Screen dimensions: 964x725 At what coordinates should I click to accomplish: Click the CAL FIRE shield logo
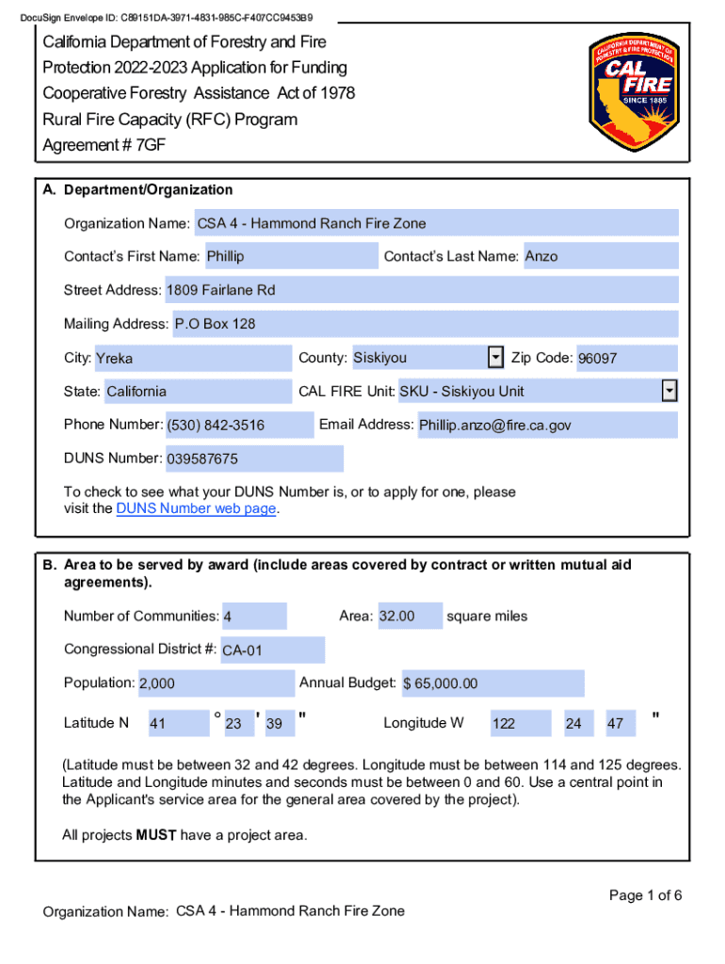[632, 94]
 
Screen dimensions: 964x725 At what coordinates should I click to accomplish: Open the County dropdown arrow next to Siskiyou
[495, 358]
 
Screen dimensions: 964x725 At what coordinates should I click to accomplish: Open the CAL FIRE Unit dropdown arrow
[669, 391]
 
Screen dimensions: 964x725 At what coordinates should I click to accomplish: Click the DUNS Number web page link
[196, 509]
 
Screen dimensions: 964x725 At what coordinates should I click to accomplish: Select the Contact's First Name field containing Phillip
[290, 256]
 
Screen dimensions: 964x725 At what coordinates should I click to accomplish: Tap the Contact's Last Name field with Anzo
[600, 256]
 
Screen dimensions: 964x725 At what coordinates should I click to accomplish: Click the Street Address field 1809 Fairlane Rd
[421, 290]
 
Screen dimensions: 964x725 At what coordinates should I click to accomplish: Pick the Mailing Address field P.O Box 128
[424, 324]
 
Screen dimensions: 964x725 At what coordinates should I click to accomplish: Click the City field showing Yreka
[192, 359]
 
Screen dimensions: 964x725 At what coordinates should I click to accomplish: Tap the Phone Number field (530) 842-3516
[238, 426]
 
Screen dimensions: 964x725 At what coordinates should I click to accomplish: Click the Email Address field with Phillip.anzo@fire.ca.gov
[546, 426]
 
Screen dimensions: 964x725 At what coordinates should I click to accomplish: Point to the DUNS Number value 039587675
[254, 459]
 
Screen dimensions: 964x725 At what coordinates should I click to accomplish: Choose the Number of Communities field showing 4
[254, 617]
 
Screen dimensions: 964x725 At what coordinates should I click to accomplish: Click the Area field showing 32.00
[409, 617]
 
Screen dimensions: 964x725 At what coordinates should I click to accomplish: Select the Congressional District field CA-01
[272, 651]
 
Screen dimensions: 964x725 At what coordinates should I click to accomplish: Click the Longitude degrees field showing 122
[519, 724]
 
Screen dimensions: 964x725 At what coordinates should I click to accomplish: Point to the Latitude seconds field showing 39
[280, 724]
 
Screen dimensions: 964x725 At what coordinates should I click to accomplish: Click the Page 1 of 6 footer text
[645, 895]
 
